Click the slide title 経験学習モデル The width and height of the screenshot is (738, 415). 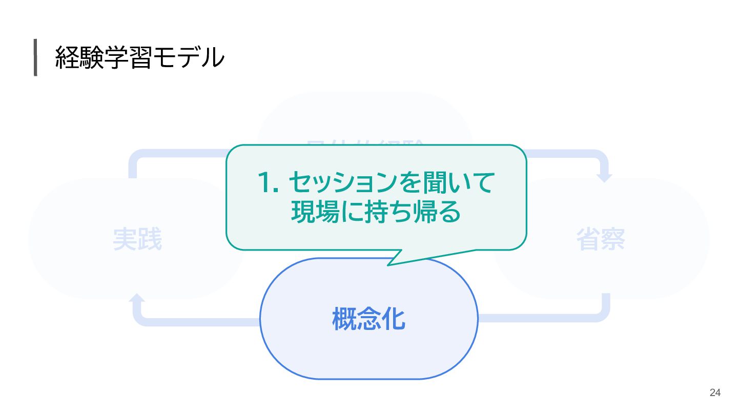tap(139, 57)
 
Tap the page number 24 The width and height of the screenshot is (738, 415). tap(715, 393)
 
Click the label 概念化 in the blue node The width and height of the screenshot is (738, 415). tap(369, 319)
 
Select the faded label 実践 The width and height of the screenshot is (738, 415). tap(137, 239)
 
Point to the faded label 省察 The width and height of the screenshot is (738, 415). tap(601, 239)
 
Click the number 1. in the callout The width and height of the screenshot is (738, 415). tap(267, 182)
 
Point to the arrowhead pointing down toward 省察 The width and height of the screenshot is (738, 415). tap(605, 177)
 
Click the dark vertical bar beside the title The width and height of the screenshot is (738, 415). tap(35, 57)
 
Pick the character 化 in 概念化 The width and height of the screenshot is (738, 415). tap(394, 319)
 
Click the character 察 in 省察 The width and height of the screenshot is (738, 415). tap(613, 239)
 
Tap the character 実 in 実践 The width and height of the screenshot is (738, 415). tap(125, 239)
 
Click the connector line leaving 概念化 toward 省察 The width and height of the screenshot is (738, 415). tap(538, 318)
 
